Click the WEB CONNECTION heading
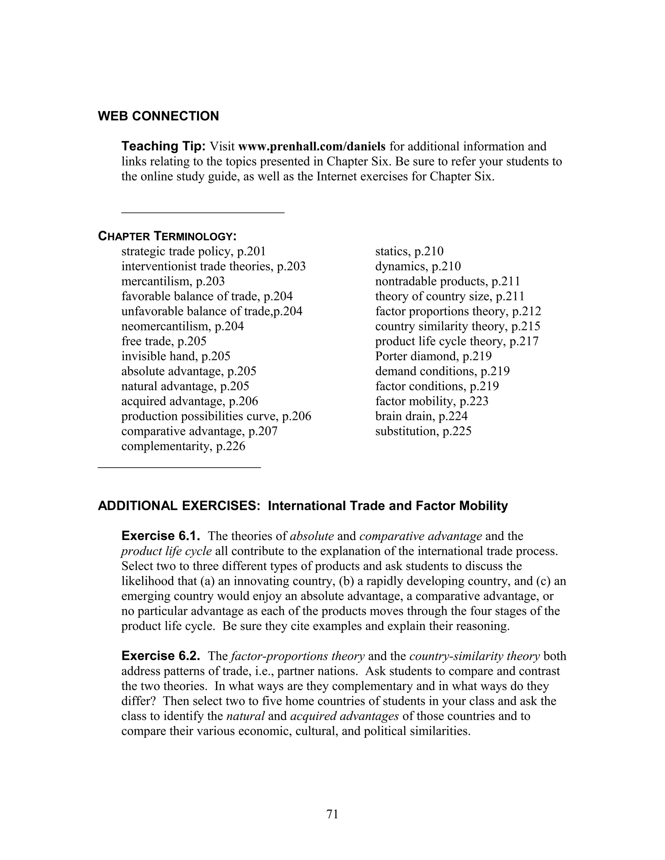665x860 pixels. point(158,116)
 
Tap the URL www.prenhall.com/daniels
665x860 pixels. point(312,146)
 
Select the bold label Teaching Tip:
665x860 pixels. point(163,146)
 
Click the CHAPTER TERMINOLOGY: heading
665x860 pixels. point(167,236)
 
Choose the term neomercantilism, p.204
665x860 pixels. point(182,326)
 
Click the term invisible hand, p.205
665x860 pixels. point(176,356)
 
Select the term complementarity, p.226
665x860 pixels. point(183,446)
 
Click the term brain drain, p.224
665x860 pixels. point(421,416)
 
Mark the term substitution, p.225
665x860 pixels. point(423,431)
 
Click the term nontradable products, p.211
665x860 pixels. point(447,282)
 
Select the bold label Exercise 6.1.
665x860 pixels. point(161,536)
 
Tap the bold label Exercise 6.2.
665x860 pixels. point(161,656)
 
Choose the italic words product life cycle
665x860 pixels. point(166,551)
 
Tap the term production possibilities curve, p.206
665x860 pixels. point(216,416)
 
